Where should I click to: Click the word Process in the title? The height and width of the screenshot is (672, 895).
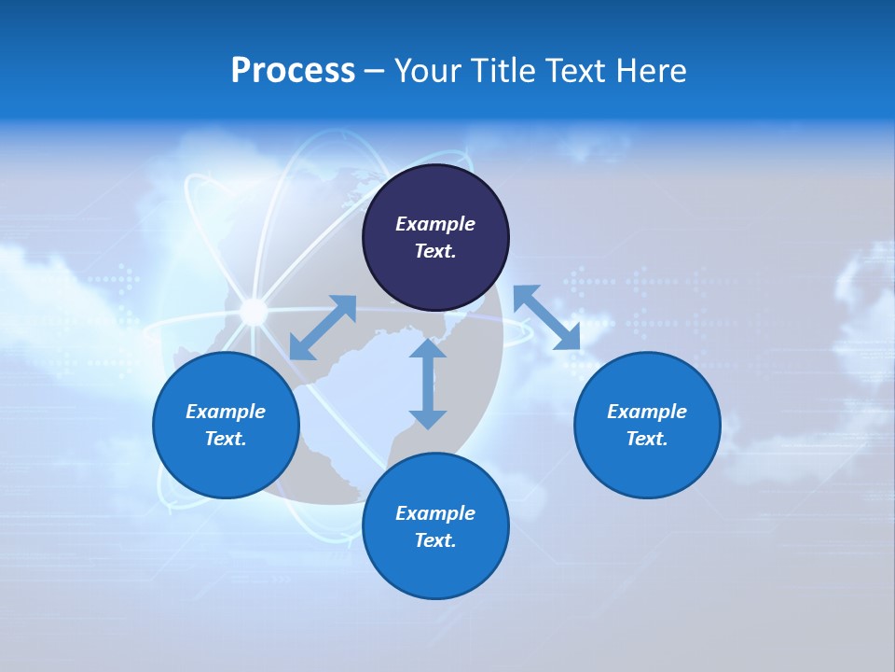pyautogui.click(x=293, y=71)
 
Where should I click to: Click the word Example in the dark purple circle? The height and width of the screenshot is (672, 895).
pyautogui.click(x=435, y=224)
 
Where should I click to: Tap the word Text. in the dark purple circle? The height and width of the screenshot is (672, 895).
pyautogui.click(x=435, y=251)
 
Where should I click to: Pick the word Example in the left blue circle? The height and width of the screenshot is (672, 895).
pyautogui.click(x=226, y=412)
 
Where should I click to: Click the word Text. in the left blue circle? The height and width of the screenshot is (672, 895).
pyautogui.click(x=226, y=439)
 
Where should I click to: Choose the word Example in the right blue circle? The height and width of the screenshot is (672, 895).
pyautogui.click(x=647, y=412)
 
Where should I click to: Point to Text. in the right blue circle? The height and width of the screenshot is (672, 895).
pyautogui.click(x=647, y=439)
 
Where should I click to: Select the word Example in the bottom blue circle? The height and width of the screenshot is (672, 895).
pyautogui.click(x=435, y=513)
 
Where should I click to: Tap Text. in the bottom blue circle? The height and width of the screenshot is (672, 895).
pyautogui.click(x=435, y=540)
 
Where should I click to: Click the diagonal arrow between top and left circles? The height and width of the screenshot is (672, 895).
pyautogui.click(x=323, y=328)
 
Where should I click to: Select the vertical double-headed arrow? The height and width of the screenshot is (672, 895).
pyautogui.click(x=428, y=384)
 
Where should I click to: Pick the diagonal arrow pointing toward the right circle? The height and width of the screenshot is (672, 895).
pyautogui.click(x=547, y=317)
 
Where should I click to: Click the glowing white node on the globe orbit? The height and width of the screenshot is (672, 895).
pyautogui.click(x=253, y=311)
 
